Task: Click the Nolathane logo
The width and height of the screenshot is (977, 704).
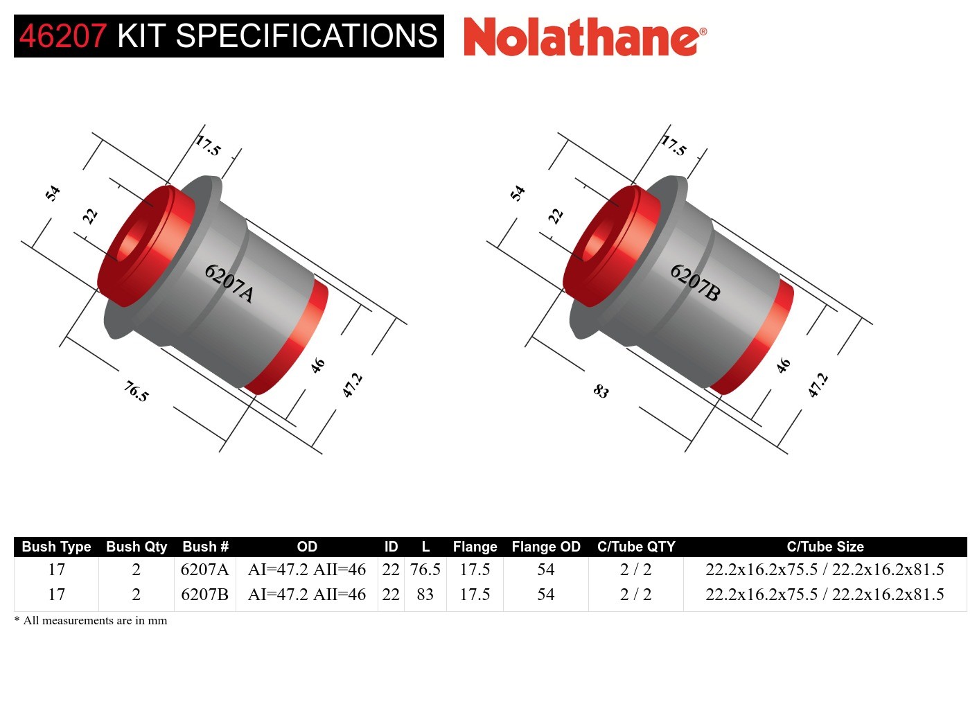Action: [584, 37]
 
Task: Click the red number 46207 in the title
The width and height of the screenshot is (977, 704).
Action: [63, 36]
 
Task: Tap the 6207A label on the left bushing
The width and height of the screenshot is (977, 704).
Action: [229, 283]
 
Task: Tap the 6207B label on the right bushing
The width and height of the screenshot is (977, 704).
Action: [695, 283]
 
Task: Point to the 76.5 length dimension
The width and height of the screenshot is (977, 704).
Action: [136, 391]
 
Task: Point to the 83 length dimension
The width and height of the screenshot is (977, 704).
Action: [601, 391]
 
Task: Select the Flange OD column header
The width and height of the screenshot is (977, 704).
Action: [545, 547]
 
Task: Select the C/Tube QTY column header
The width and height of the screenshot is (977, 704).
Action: [635, 547]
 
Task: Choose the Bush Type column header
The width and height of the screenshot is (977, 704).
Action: [56, 547]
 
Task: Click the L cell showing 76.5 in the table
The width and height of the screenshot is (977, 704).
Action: [425, 570]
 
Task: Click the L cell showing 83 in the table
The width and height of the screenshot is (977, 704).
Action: [425, 595]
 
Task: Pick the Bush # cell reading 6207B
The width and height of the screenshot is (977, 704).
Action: [204, 595]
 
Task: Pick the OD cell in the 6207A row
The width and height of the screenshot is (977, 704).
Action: [306, 570]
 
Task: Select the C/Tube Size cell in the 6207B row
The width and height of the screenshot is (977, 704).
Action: [825, 595]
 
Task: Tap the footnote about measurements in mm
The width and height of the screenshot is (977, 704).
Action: [91, 620]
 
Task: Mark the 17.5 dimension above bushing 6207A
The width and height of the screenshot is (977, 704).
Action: [207, 146]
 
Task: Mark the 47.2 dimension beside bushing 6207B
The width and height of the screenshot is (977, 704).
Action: [818, 385]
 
